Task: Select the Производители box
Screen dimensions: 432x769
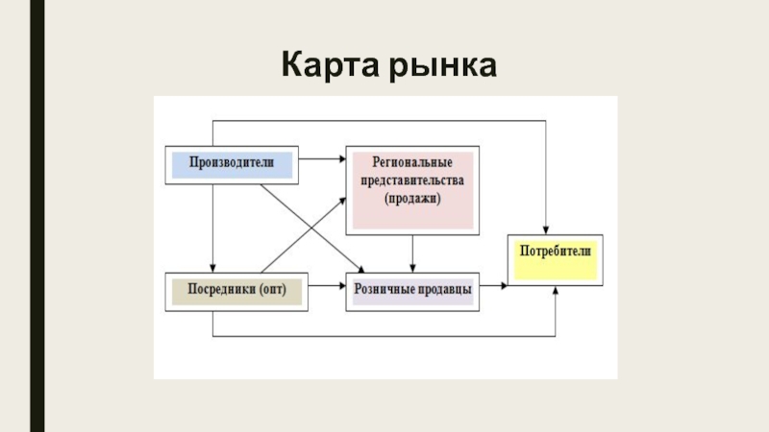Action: (x=233, y=164)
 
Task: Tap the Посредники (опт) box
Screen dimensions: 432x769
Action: (x=236, y=290)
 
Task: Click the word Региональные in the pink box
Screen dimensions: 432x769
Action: (x=411, y=164)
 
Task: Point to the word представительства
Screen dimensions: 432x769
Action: (x=411, y=181)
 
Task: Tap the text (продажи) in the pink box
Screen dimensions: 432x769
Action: (x=411, y=199)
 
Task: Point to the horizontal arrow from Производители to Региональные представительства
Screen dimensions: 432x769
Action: (x=322, y=157)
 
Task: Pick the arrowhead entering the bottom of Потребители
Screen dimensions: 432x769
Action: (x=556, y=291)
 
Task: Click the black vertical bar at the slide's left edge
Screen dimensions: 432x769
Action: (x=37, y=216)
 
